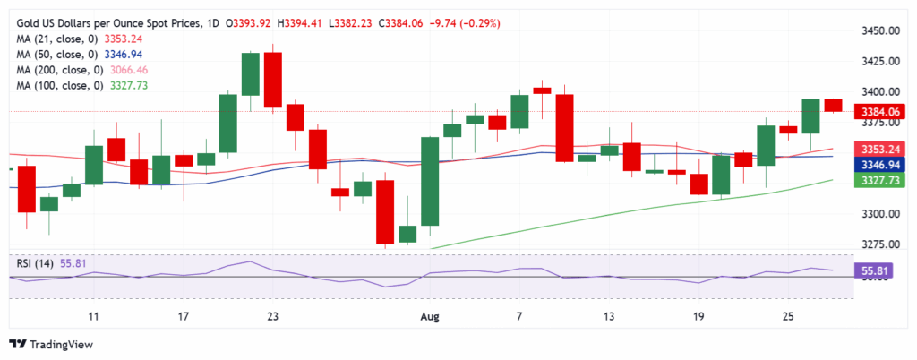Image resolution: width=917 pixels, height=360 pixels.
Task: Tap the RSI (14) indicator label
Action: [x=38, y=264]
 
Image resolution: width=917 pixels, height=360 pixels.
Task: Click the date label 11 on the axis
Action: [x=93, y=317]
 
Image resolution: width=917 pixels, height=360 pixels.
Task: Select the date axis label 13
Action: [x=610, y=317]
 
